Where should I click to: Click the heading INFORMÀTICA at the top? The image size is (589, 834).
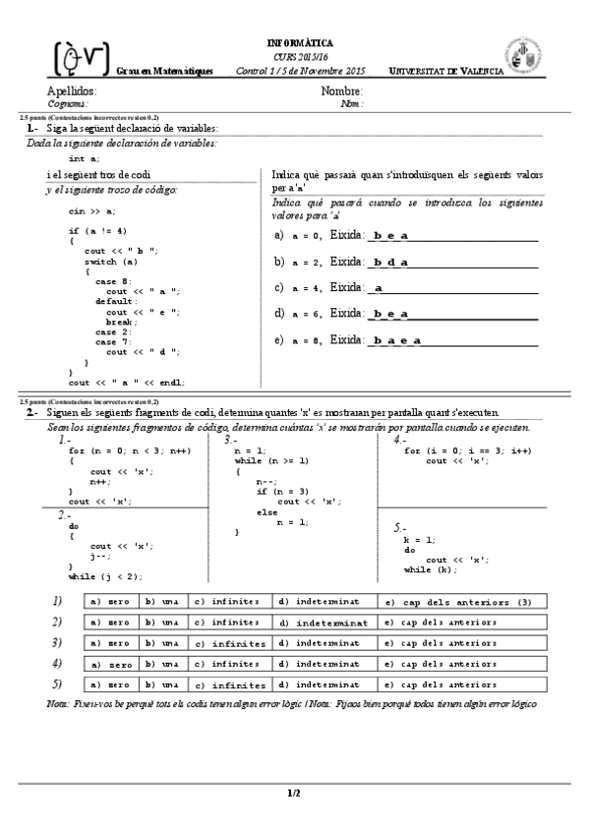300,43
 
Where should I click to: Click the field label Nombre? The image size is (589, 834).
342,91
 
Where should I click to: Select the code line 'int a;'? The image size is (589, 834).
84,158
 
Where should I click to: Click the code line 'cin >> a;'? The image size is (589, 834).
91,210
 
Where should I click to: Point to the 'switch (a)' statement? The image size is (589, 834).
110,262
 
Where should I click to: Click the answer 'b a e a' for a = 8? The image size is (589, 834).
396,340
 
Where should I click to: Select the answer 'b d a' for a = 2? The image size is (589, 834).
391,263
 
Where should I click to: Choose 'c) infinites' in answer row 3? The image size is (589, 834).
231,644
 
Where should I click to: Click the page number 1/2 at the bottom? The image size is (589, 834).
293,792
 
